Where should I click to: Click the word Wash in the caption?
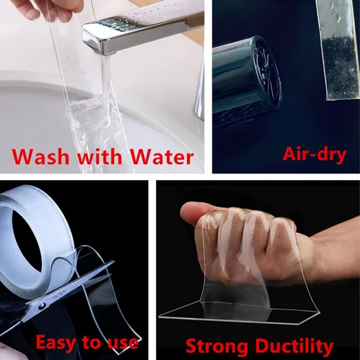[40, 157]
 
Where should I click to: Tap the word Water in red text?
[162, 157]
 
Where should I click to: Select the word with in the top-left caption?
[99, 157]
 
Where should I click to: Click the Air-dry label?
[315, 154]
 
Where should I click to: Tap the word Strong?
[217, 346]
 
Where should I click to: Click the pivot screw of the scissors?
[42, 306]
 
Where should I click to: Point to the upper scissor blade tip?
[113, 262]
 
